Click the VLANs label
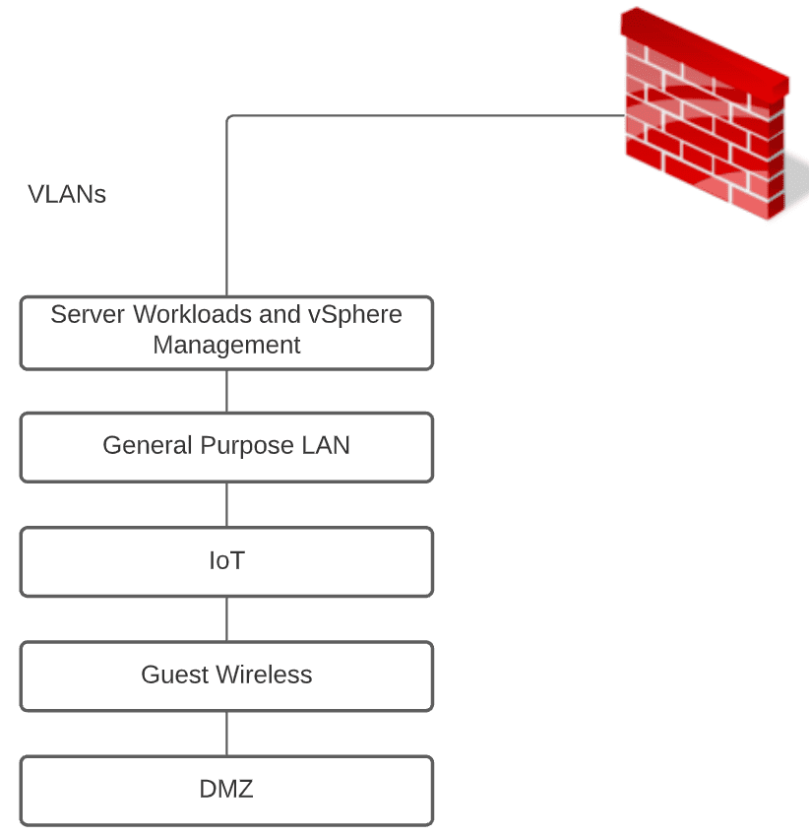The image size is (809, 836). (x=67, y=194)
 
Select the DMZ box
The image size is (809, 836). (x=226, y=790)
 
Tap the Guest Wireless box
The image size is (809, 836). (x=226, y=675)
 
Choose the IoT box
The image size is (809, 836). (x=226, y=561)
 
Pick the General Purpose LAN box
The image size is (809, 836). (x=226, y=446)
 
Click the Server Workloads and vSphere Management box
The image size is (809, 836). (x=226, y=332)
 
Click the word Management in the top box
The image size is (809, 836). (x=226, y=346)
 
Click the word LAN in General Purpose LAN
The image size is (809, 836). (x=326, y=446)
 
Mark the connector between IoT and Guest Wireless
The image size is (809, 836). (x=226, y=618)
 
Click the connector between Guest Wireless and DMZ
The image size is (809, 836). (x=226, y=733)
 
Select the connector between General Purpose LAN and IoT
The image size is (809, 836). (x=226, y=504)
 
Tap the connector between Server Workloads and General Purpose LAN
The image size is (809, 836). (x=226, y=390)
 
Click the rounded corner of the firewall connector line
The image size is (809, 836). (x=229, y=118)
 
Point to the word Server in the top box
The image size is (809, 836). (x=88, y=314)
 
